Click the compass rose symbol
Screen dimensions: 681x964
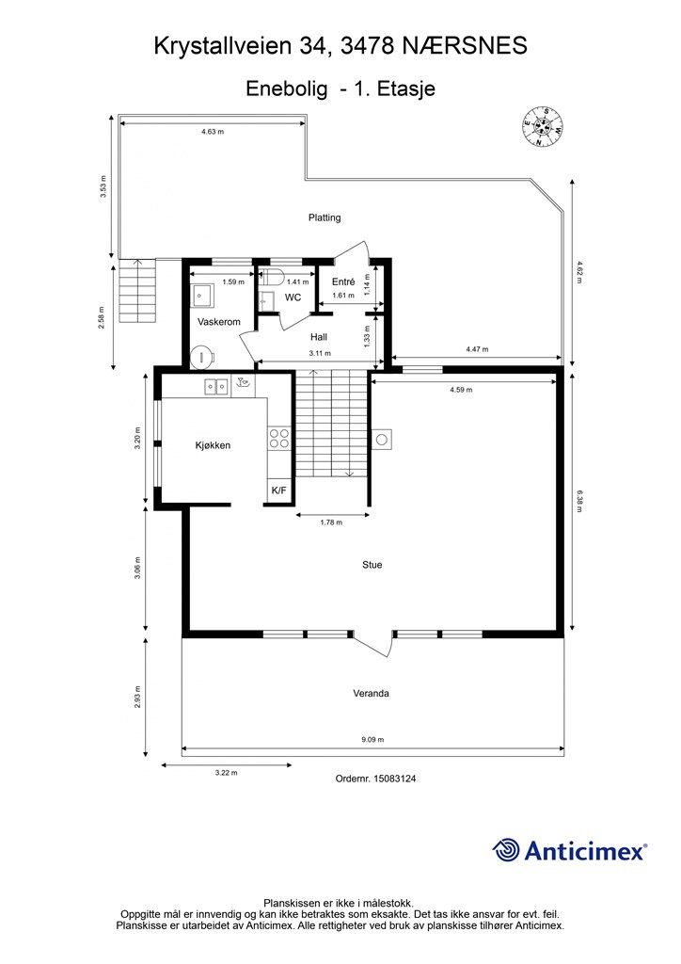(542, 127)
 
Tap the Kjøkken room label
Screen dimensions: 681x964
(213, 445)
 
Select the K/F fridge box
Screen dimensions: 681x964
(279, 490)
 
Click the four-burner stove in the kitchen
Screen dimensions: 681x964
(279, 437)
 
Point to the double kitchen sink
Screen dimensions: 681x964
(216, 386)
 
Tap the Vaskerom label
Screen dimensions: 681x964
(218, 322)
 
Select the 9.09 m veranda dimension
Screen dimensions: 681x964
(372, 740)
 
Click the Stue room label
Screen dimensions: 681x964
(372, 565)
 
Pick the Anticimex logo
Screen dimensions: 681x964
(569, 851)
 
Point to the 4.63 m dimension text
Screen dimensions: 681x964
(213, 132)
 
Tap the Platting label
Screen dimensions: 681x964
(325, 217)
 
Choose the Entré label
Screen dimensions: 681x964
(343, 281)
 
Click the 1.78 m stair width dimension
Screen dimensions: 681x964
(331, 522)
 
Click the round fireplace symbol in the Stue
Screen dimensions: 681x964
(383, 439)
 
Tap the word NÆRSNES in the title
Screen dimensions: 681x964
(465, 46)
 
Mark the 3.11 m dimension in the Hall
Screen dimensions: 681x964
(319, 354)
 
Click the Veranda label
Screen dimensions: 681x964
(371, 694)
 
